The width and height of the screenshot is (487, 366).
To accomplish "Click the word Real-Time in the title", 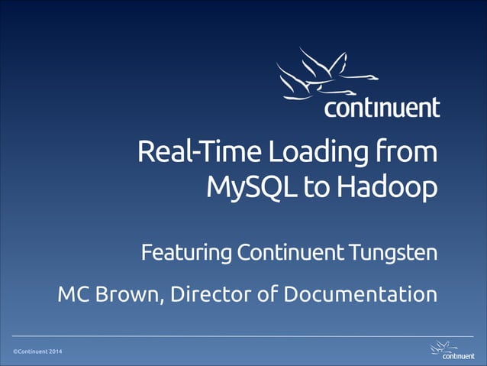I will (x=182, y=152).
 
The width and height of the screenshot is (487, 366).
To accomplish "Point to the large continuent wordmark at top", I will (x=382, y=107).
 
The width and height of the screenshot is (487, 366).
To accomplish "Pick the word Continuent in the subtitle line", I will (x=289, y=251).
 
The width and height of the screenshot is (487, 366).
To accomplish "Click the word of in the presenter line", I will (x=262, y=293).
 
